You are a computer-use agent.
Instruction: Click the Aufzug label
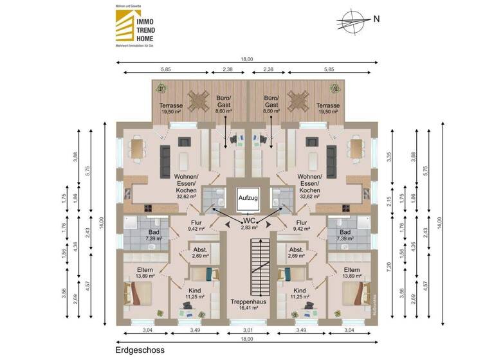tap(248, 199)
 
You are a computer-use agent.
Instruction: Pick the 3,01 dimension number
tap(247, 332)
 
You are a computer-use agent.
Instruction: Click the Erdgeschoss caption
tap(140, 350)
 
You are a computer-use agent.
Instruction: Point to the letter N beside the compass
tap(376, 18)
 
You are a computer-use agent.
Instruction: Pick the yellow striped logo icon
tap(121, 28)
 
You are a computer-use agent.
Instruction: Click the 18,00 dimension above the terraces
tap(247, 59)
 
